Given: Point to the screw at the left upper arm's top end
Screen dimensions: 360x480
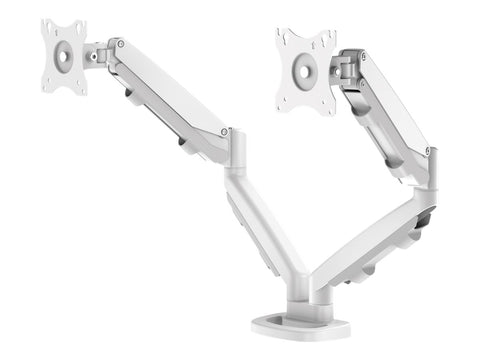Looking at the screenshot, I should point(121,44).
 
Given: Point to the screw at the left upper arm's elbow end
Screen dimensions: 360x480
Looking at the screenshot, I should point(226,131).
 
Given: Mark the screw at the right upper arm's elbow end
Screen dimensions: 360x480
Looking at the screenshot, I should point(427,150).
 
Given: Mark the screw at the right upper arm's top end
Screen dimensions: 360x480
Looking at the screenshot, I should point(362,57).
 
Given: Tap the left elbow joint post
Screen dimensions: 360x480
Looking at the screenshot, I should point(236,155).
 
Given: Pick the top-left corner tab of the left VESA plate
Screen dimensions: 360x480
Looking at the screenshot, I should point(47,25).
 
